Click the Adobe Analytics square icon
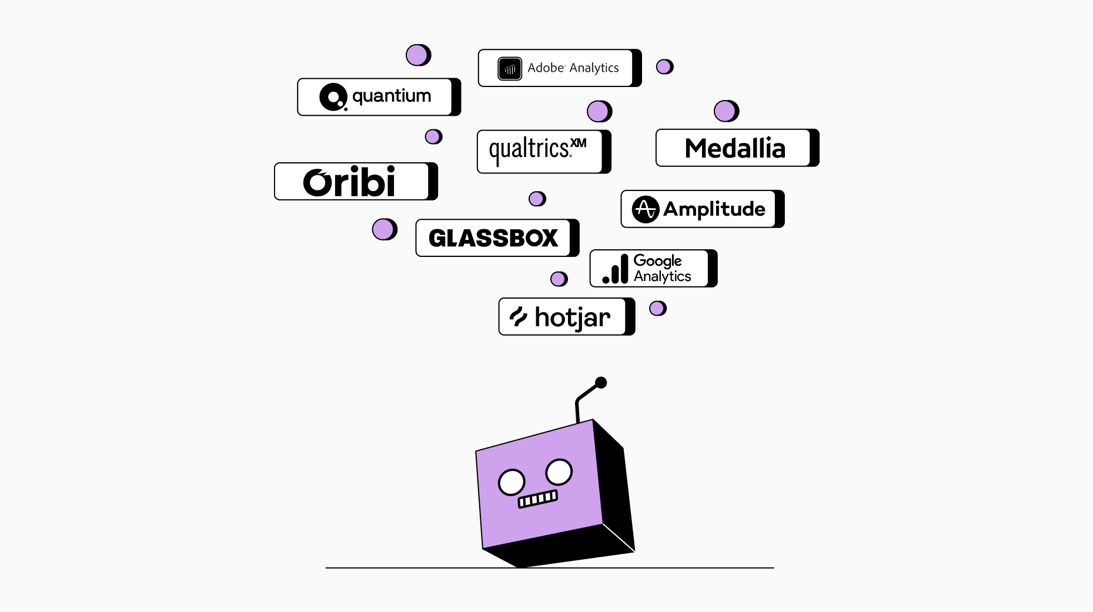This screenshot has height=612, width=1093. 509,68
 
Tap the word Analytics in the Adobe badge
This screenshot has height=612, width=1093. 594,68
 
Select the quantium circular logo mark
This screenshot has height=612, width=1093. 333,97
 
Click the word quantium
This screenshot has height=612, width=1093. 392,96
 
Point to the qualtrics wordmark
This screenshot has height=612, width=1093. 529,151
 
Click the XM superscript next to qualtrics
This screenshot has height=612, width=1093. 579,143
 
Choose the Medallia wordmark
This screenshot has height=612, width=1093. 735,148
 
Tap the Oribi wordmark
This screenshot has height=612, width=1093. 349,182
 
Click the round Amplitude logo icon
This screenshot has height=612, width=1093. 645,209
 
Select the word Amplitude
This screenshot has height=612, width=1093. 714,209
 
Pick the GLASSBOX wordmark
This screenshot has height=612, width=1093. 493,238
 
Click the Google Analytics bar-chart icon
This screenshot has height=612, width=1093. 616,269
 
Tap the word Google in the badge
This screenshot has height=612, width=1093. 657,260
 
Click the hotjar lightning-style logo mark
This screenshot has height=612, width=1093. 518,316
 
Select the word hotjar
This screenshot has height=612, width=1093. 573,318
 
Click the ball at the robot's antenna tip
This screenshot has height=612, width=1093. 601,383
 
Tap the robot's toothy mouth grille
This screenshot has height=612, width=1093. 537,499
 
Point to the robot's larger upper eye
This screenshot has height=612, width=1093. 559,471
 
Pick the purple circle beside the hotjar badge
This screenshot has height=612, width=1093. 657,308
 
